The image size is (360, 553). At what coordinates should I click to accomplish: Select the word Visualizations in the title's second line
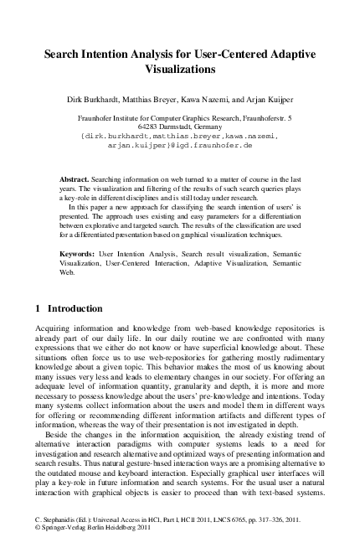(x=179, y=70)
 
